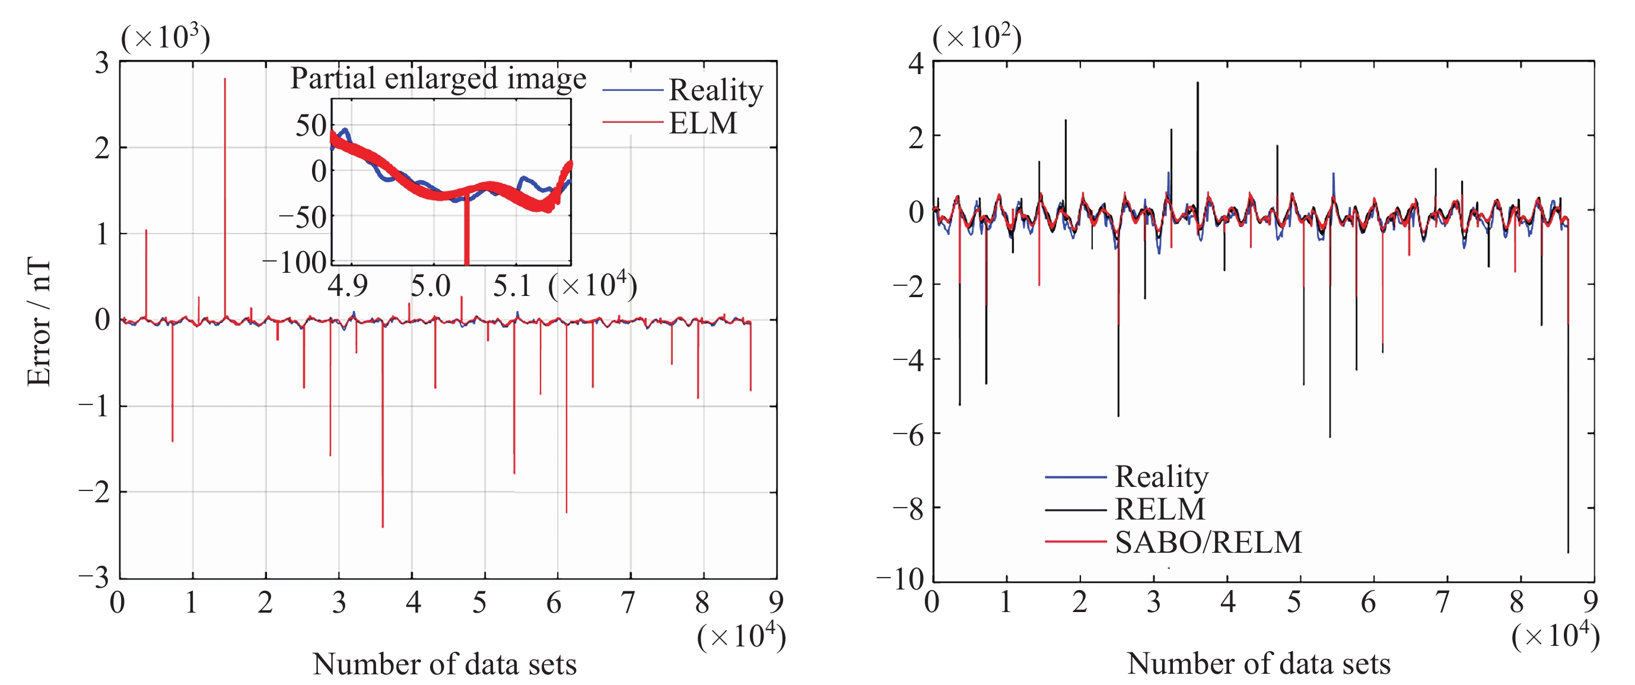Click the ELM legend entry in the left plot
pos(702,122)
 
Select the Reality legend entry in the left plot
pos(715,90)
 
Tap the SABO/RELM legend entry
pos(1208,541)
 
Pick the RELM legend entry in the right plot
pos(1160,509)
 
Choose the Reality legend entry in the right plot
pos(1162,476)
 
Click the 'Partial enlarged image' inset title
pos(438,79)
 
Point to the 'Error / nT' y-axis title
pos(39,321)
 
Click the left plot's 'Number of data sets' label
pos(444,664)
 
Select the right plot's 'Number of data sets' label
pos(1259,664)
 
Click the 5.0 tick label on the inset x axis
pos(430,286)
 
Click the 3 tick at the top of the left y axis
pos(102,63)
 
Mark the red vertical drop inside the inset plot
pos(466,235)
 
